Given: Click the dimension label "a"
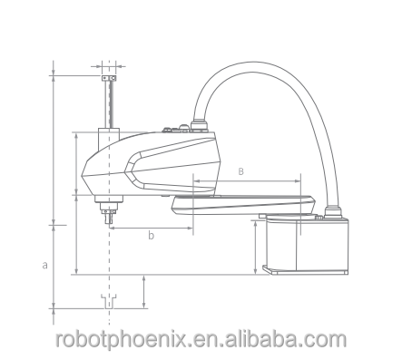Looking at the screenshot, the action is click(44, 266).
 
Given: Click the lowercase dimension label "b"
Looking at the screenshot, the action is click(151, 235).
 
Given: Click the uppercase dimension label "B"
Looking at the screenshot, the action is click(240, 171).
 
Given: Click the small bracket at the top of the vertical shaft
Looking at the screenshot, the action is click(109, 78).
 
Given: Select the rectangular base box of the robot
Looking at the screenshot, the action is click(307, 245).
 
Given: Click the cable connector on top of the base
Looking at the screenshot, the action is click(333, 211).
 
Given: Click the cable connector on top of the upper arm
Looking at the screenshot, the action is click(199, 126).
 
